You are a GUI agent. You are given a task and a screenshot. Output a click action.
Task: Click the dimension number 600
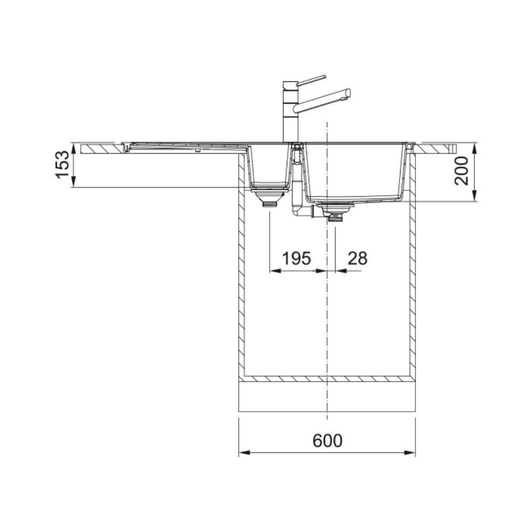pyautogui.click(x=327, y=440)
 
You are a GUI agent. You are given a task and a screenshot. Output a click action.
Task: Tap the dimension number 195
pyautogui.click(x=296, y=259)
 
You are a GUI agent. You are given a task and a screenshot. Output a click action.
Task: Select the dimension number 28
pyautogui.click(x=358, y=259)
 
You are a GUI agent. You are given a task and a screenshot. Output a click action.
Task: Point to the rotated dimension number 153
pyautogui.click(x=62, y=165)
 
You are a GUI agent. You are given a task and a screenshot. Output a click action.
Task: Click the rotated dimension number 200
pyautogui.click(x=461, y=171)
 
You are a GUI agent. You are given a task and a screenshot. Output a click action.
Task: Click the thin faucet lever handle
pyautogui.click(x=311, y=80)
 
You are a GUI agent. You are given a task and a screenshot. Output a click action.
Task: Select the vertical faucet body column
pyautogui.click(x=290, y=112)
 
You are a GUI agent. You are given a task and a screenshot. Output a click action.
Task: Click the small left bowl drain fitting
pyautogui.click(x=269, y=198)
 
